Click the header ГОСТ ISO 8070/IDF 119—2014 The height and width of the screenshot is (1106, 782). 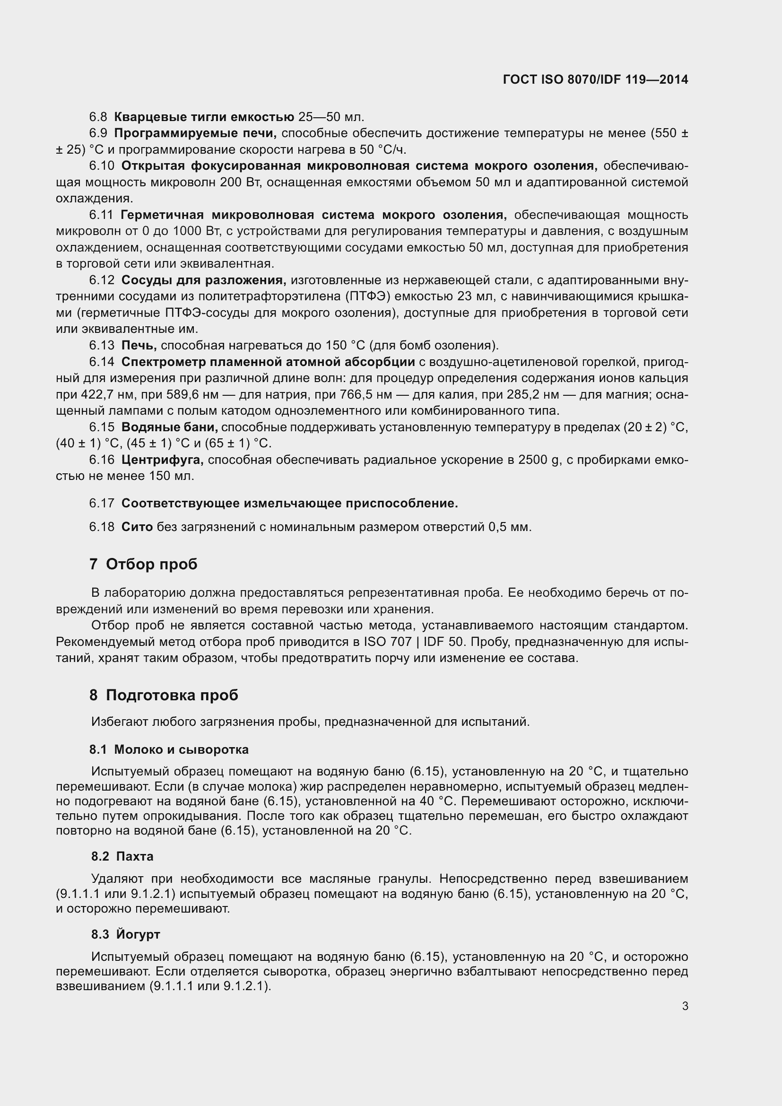[595, 79]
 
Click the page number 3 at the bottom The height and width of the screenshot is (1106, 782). [685, 1006]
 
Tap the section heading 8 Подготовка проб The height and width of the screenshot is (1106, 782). [163, 695]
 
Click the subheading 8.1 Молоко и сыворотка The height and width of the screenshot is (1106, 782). [169, 749]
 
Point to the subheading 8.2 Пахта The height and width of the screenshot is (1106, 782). [122, 856]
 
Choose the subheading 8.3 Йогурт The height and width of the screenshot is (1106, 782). [126, 934]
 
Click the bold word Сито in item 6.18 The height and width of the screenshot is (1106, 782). [137, 527]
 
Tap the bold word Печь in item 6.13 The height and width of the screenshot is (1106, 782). [139, 345]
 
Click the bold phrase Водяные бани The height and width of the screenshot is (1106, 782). [170, 427]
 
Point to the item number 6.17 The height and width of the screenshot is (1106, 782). [101, 504]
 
